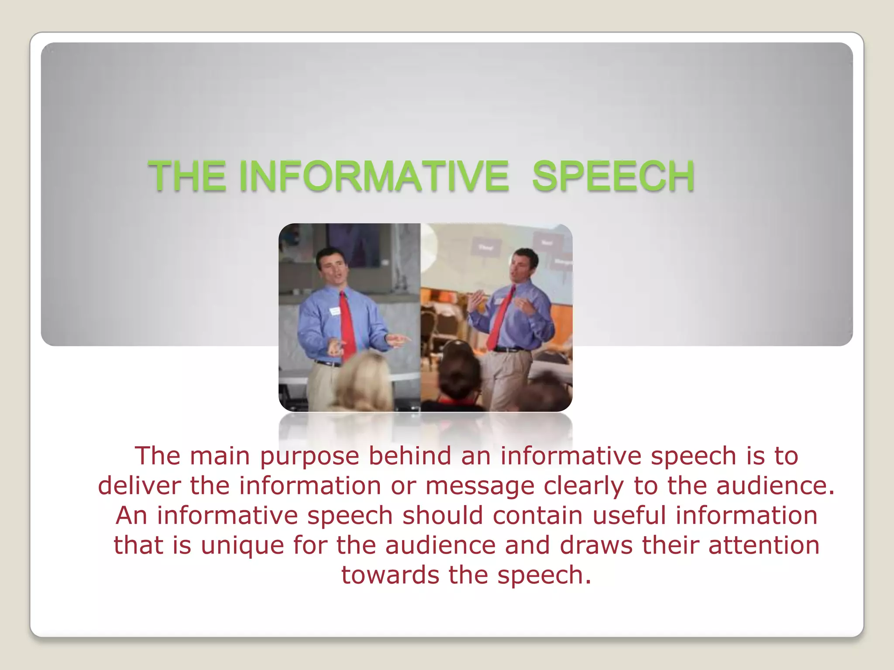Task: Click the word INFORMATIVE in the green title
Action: [x=374, y=176]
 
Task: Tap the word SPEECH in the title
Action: [x=613, y=176]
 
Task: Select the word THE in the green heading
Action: [x=187, y=176]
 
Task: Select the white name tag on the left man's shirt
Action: [x=335, y=311]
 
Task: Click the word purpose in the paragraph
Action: [x=309, y=457]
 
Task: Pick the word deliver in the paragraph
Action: [x=139, y=486]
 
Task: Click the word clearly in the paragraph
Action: [x=584, y=486]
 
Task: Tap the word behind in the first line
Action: [x=410, y=456]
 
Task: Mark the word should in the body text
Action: [x=443, y=515]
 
